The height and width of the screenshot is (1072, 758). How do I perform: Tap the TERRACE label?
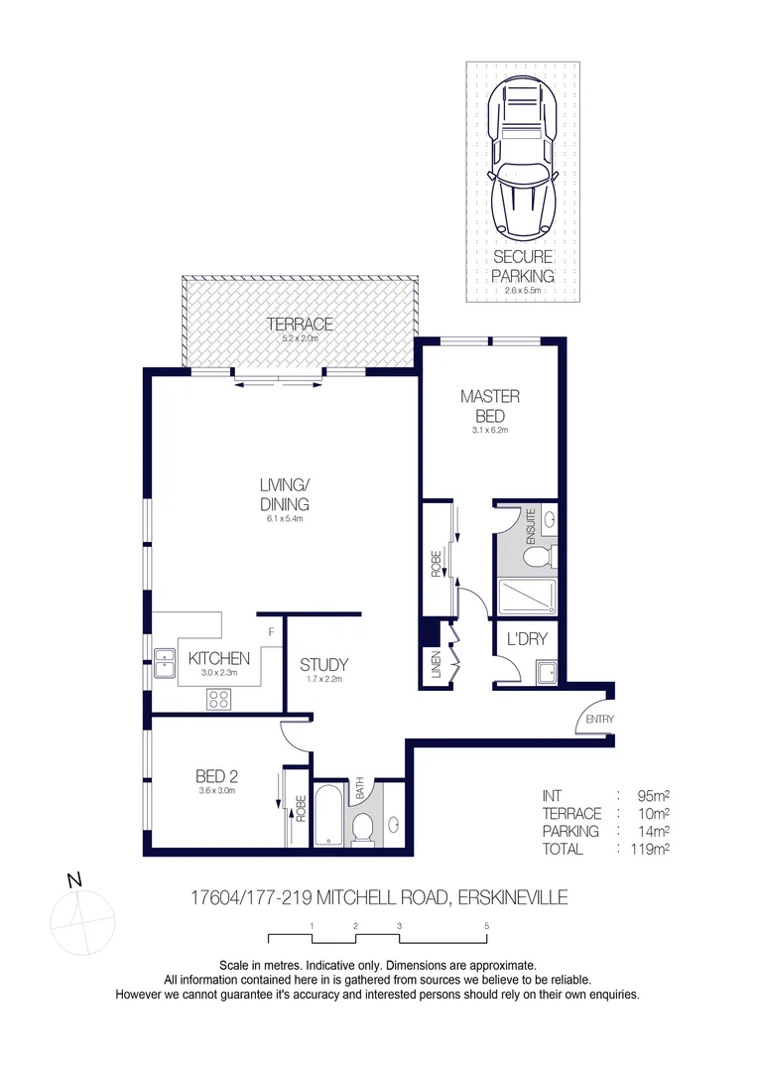click(299, 325)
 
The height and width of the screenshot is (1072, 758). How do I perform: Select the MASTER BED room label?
click(489, 405)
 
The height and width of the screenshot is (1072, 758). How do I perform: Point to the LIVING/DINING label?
click(285, 493)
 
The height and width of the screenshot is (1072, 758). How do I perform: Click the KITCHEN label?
click(219, 658)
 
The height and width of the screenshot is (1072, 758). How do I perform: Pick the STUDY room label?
click(323, 665)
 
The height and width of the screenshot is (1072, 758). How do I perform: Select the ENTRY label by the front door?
click(600, 719)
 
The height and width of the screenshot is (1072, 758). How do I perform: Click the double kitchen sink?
click(163, 663)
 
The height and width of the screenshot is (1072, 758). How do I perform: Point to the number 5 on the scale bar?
click(487, 925)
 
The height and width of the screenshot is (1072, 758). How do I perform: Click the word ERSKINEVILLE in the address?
click(511, 898)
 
